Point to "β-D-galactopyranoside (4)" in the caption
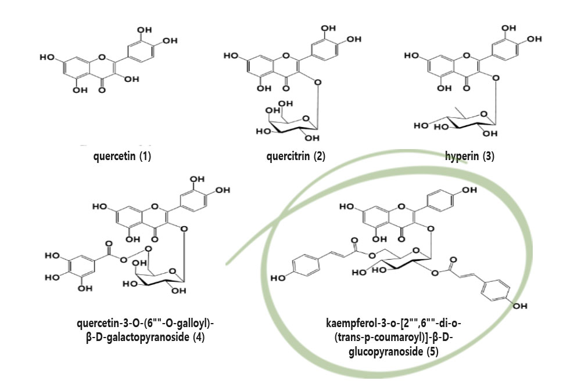click(x=150, y=336)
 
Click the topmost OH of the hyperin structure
click(x=508, y=28)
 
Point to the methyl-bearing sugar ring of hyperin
click(x=465, y=122)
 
